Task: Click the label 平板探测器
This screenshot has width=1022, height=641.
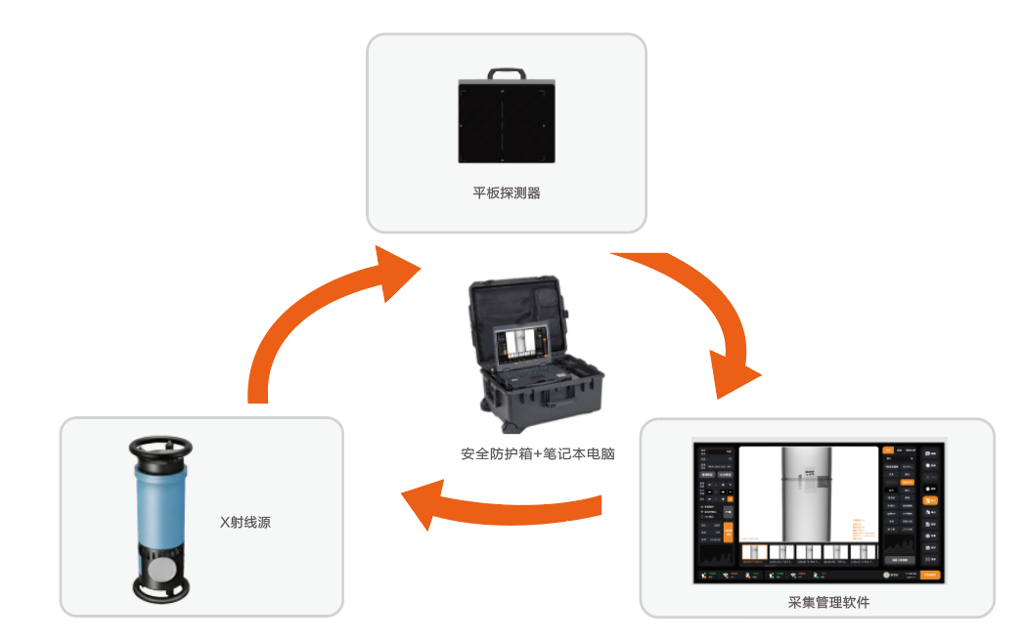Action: click(x=506, y=192)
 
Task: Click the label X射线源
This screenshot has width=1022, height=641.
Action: click(x=244, y=523)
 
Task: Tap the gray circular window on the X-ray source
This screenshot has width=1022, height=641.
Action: click(x=162, y=569)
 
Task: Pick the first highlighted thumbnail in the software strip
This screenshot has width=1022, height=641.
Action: click(x=754, y=555)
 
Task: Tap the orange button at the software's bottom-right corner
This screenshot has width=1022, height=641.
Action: click(x=931, y=575)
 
